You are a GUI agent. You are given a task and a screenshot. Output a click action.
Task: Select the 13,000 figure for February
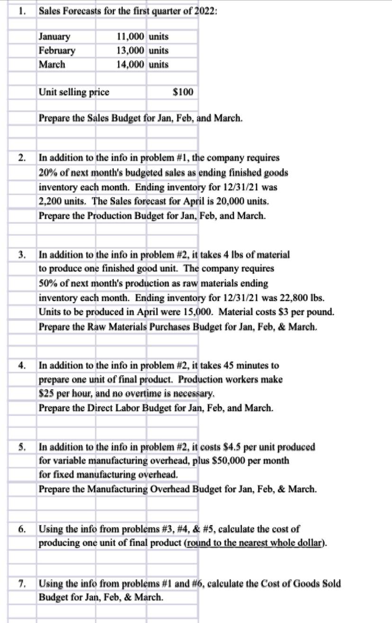click(130, 50)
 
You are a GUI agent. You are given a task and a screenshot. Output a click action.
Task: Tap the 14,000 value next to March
click(130, 64)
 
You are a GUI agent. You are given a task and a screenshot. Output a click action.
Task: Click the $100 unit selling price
click(183, 92)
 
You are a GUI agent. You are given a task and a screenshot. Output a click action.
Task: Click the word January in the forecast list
click(54, 37)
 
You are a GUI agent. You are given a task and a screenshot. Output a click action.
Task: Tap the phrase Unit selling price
click(74, 92)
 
